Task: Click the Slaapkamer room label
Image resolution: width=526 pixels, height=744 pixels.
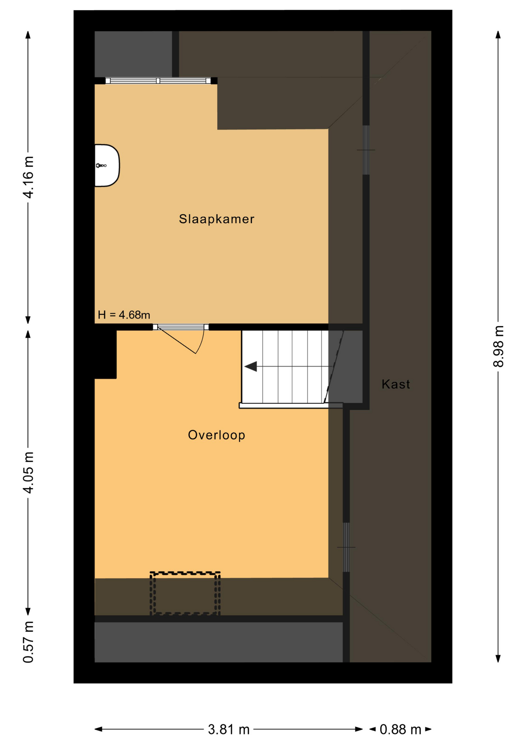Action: (216, 219)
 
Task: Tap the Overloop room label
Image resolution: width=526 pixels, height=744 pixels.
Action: (216, 435)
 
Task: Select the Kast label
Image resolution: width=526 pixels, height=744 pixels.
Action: (395, 384)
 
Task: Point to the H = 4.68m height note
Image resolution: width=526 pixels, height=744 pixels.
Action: (124, 315)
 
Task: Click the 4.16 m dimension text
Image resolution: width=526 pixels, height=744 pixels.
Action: (29, 177)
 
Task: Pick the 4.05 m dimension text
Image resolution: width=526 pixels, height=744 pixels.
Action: (29, 472)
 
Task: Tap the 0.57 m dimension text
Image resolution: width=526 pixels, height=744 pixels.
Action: (29, 642)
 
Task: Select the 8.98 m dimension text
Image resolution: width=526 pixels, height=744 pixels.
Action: (498, 346)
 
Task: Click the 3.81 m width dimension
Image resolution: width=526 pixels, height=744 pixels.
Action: (229, 730)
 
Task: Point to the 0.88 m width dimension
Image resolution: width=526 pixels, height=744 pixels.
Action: (400, 730)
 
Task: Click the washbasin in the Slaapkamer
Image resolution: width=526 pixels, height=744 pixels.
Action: (107, 165)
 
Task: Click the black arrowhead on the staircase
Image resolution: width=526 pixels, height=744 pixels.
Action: (251, 366)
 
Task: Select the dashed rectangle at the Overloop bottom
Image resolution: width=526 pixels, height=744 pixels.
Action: (185, 593)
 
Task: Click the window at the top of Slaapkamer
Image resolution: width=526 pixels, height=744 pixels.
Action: (158, 81)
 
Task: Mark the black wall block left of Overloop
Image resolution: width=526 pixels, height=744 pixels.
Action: (105, 354)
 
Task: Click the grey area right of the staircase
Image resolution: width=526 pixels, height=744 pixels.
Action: (346, 367)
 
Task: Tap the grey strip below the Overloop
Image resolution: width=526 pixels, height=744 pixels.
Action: (219, 642)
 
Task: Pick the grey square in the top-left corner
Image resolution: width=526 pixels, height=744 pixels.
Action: (133, 54)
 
